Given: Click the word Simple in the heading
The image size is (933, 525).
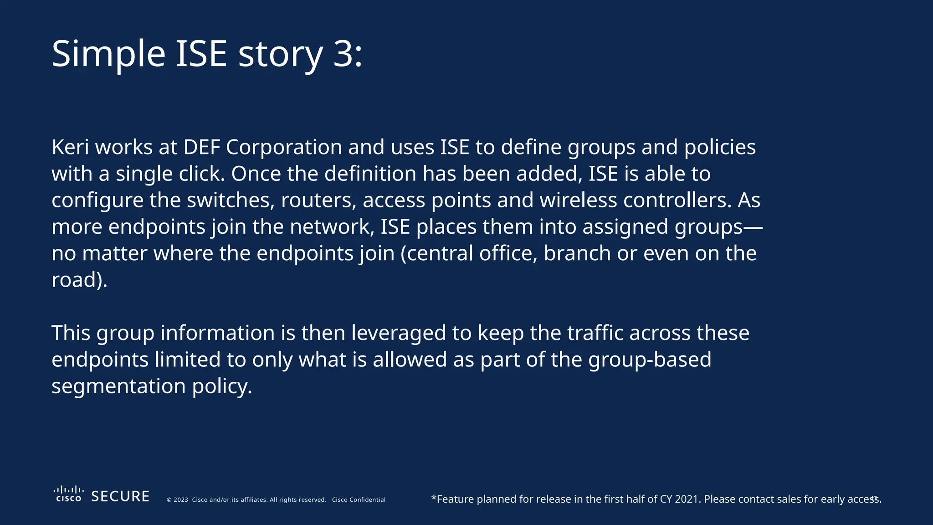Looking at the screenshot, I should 108,54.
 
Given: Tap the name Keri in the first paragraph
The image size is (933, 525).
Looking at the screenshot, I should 70,147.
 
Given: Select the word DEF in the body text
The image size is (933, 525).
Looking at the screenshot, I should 201,147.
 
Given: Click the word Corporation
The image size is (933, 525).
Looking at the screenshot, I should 284,147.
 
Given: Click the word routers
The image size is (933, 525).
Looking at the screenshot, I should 318,201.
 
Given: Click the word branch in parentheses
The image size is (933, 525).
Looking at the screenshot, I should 577,253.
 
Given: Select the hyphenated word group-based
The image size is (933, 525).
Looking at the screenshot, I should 650,360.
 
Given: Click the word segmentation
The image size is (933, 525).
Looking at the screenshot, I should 118,386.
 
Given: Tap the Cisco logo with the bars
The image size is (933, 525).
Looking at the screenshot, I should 68,494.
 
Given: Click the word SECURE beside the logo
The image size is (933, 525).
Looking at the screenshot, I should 120,496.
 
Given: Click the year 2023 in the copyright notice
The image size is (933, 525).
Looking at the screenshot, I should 181,500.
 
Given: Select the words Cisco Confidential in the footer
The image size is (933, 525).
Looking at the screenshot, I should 359,500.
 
